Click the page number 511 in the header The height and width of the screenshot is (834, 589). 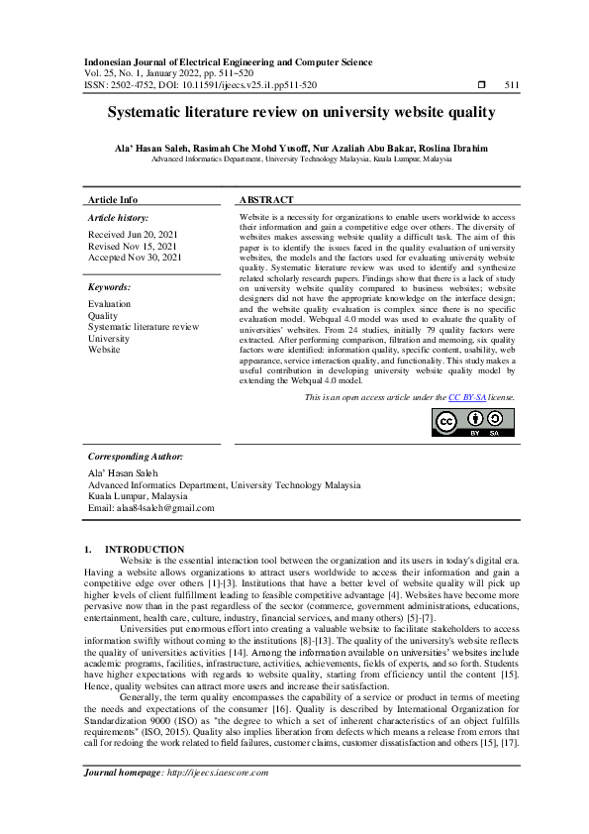(511, 86)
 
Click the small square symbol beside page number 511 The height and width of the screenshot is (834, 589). (480, 86)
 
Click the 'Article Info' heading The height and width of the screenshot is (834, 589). (113, 199)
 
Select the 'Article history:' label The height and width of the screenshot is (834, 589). (118, 216)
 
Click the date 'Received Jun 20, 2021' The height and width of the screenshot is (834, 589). (134, 235)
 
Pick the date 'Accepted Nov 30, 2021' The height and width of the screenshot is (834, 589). (135, 257)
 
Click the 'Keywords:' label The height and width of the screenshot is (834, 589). (110, 286)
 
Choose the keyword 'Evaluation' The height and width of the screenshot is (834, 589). (109, 304)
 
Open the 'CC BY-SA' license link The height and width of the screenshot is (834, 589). (467, 396)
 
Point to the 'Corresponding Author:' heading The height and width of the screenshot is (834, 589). (136, 457)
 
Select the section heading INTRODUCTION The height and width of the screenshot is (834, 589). (145, 549)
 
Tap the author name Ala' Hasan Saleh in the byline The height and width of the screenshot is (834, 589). (149, 148)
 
